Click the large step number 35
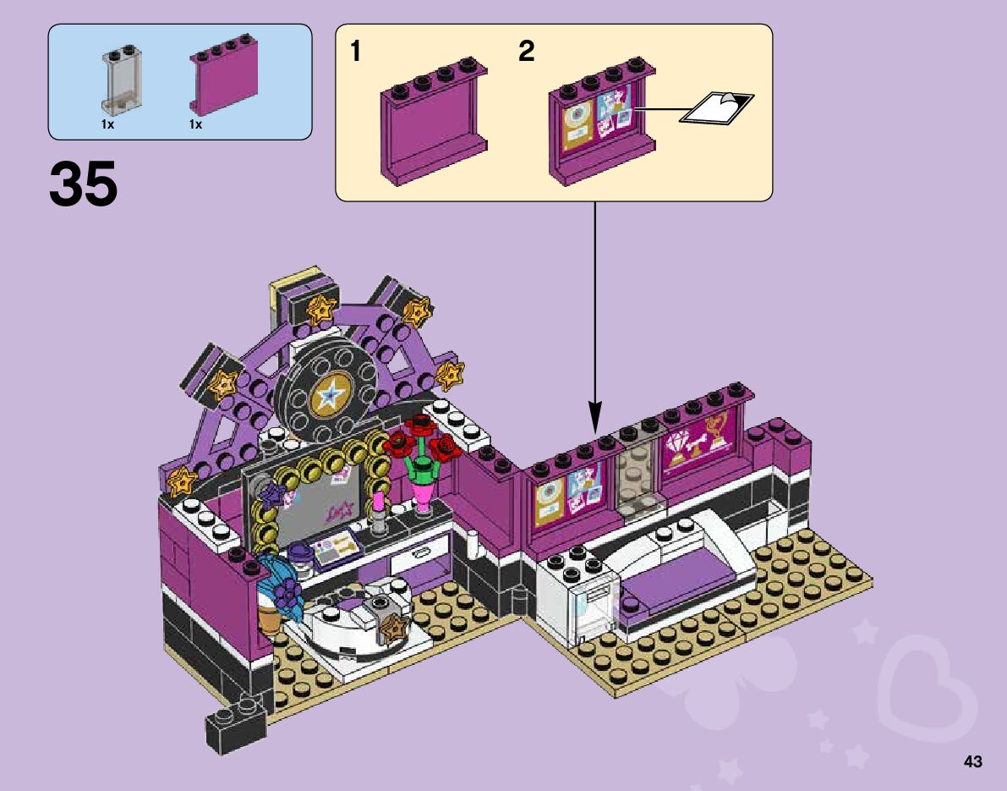[x=84, y=184]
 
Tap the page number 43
[x=972, y=762]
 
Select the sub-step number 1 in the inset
[x=357, y=52]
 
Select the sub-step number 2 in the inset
[x=526, y=52]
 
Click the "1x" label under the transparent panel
[x=107, y=124]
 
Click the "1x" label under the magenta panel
[x=195, y=124]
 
